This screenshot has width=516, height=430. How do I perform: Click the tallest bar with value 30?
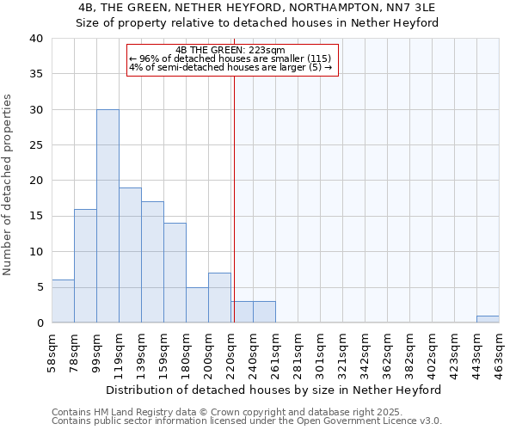pos(107,216)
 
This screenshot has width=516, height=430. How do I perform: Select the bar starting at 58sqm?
pos(63,301)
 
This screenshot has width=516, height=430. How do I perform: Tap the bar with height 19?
pos(130,255)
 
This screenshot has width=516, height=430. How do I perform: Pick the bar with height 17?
pos(152,261)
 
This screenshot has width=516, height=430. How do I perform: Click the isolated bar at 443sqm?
pos(488,319)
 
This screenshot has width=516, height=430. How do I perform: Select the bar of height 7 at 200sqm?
pos(219,298)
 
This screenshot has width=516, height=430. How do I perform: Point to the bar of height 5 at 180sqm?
pos(197,304)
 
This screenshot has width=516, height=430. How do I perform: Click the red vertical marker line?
pos(233,198)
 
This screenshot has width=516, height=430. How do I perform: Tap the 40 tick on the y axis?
pos(36,39)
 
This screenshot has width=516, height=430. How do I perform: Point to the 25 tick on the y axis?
pos(36,145)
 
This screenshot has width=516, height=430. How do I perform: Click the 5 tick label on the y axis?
pos(40,287)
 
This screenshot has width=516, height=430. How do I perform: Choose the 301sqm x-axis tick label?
pos(321,353)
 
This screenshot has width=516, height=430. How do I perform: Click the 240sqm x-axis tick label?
pos(254,353)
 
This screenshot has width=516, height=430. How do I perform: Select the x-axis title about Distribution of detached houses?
pos(274,390)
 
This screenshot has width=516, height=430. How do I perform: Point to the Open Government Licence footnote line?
pos(247,421)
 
